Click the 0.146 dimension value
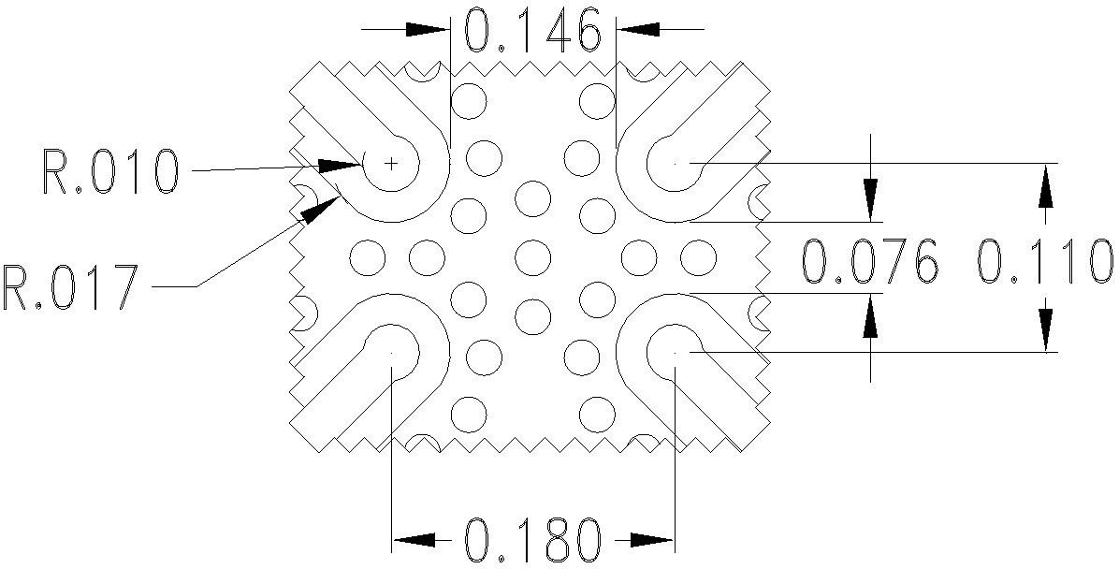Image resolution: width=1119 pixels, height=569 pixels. point(532,32)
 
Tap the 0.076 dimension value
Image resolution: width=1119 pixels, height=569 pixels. point(870,261)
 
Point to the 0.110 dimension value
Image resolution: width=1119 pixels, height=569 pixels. point(1045,261)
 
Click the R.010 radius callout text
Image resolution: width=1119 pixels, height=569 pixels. point(110,171)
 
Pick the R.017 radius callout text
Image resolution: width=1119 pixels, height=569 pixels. point(71,286)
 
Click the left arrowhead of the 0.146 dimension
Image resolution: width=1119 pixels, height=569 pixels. point(429,29)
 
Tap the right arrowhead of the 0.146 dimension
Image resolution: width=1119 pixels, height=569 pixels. point(638,29)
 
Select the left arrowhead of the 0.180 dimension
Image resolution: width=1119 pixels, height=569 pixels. point(414,539)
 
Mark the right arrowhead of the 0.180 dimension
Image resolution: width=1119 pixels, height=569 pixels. point(651,539)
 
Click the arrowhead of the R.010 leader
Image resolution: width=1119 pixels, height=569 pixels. point(342,166)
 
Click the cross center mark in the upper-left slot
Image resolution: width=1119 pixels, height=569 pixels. point(391,163)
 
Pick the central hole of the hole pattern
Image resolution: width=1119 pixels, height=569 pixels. point(532,255)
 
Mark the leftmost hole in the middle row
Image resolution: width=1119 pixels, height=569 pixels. point(368,255)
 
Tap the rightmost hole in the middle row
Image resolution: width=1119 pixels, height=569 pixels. point(697,255)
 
